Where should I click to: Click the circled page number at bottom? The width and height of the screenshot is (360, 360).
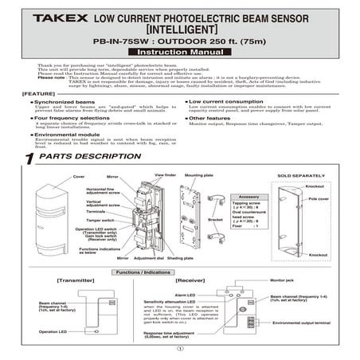tap(180, 348)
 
